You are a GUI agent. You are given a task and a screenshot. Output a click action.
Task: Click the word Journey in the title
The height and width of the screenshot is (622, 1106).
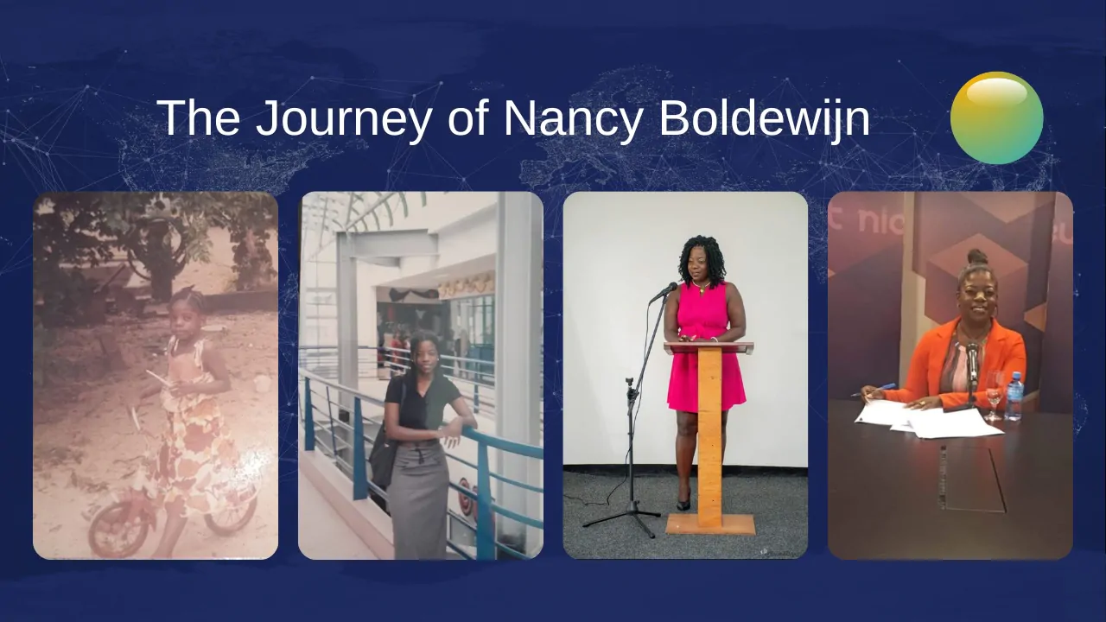click(344, 118)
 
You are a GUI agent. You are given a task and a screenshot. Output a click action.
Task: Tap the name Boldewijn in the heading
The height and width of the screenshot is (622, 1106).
click(764, 118)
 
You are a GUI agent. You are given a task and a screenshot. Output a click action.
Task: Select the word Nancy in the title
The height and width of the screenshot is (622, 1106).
click(573, 118)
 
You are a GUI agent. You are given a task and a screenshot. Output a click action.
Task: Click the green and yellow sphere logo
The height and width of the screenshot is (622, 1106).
click(996, 117)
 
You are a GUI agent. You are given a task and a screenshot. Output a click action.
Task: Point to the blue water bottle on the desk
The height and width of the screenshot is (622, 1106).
click(1014, 396)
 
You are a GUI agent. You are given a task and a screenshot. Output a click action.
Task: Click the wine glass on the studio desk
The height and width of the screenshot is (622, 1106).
click(994, 395)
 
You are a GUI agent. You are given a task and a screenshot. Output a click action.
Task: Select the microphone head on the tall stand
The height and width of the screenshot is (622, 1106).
click(664, 292)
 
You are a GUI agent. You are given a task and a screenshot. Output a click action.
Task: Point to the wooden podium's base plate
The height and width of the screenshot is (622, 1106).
click(710, 524)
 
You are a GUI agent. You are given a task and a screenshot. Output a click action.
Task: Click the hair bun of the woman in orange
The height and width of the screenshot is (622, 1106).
click(977, 257)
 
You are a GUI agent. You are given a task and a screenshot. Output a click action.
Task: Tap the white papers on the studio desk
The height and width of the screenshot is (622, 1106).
click(928, 419)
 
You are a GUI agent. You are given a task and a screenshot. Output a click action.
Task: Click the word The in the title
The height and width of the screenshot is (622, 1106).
click(199, 118)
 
